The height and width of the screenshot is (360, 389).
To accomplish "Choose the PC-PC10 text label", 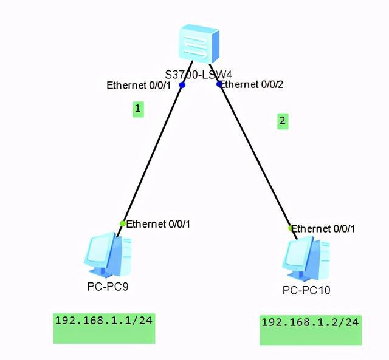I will coord(306,290).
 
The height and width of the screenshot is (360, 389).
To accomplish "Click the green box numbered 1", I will coord(139,109).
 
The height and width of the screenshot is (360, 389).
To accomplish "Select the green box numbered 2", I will coord(282,121).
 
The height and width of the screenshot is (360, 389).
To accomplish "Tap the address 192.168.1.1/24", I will coord(103,320).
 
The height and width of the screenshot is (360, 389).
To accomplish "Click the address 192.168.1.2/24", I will coord(309,322).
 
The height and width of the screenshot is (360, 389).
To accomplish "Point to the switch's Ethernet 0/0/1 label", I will coord(139,86).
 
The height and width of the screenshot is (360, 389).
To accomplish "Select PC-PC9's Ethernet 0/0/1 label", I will coord(159,224).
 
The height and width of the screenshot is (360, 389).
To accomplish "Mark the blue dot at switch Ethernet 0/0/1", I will coord(182,86).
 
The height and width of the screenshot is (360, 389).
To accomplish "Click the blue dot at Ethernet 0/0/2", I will coord(219,84).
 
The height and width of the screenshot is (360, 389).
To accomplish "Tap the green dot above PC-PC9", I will coord(123,223).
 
